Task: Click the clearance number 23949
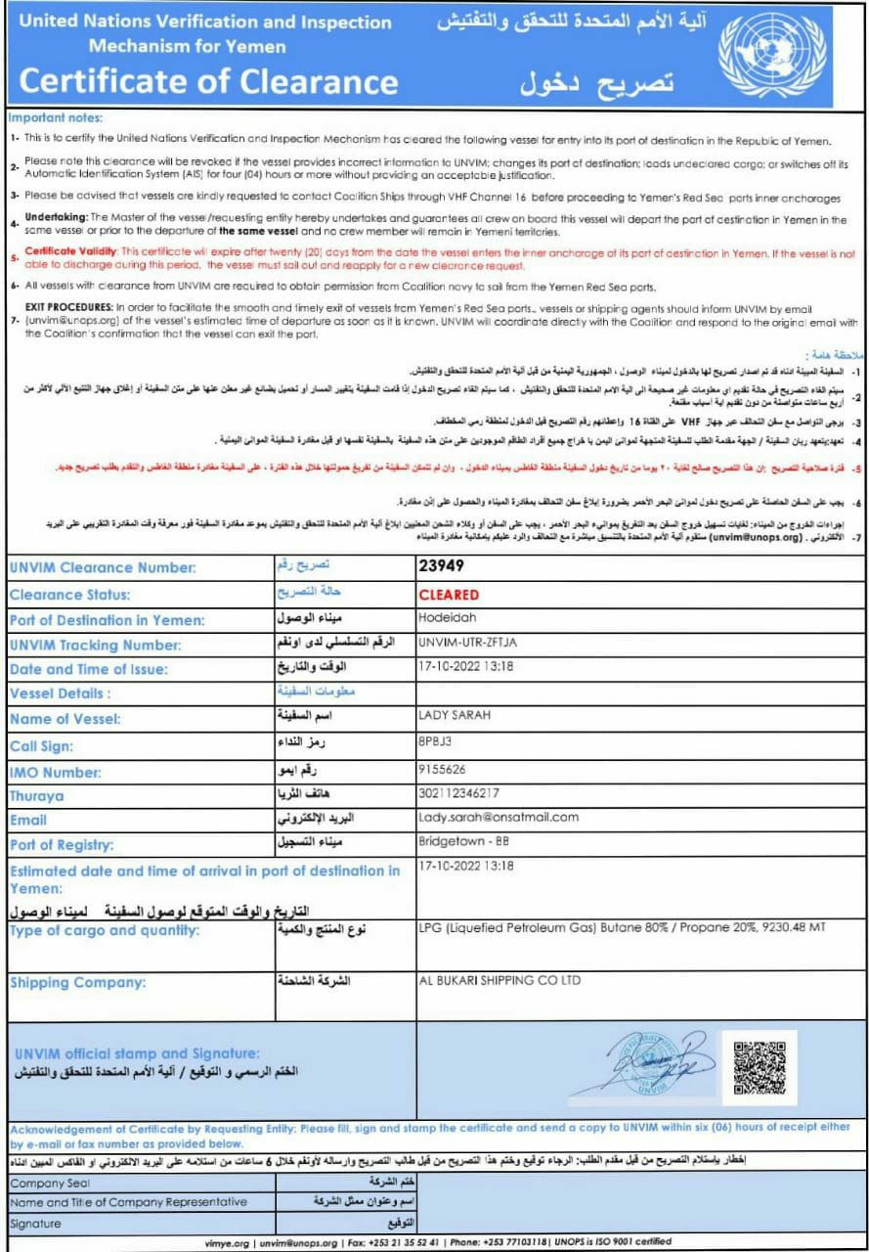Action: point(441,565)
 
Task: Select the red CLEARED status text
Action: point(449,595)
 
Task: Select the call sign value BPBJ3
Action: point(435,742)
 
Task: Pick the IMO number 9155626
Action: point(441,770)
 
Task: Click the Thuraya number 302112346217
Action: point(458,793)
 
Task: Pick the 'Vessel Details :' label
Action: point(60,693)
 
